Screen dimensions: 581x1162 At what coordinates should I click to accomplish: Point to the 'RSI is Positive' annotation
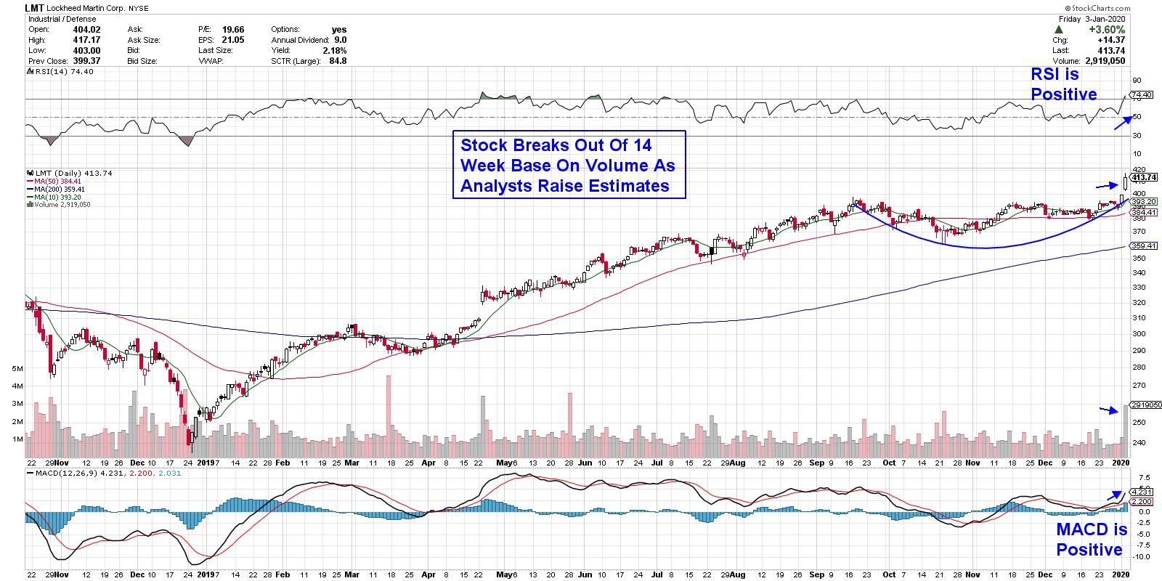[1064, 84]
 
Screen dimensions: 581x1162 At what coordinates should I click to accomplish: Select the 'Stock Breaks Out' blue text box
[568, 164]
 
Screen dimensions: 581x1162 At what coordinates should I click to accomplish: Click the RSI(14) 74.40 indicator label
[54, 72]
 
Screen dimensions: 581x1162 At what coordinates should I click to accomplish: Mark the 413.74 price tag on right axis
[1143, 177]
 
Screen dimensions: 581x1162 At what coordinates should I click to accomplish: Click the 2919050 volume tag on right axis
[1145, 405]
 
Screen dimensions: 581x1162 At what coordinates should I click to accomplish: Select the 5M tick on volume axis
[17, 369]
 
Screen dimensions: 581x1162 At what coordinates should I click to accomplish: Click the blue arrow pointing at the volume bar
[1108, 410]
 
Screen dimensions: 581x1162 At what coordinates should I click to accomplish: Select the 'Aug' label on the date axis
[738, 462]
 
